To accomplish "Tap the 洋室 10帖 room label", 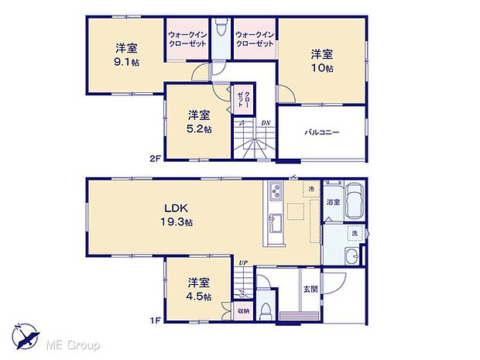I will point(323,60).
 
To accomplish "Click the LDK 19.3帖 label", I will point(177,214).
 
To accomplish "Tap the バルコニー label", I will point(321,132).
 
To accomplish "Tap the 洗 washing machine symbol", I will point(354,234).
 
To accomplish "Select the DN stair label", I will point(265,122).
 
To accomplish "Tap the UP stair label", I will point(243,262).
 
